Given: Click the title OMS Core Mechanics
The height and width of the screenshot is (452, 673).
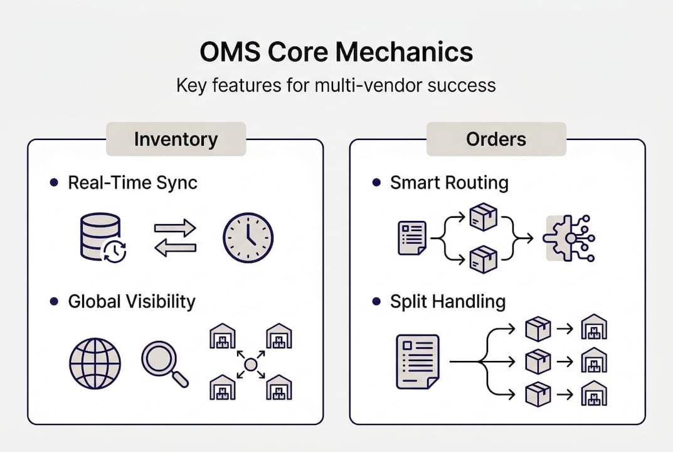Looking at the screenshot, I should click(x=336, y=53).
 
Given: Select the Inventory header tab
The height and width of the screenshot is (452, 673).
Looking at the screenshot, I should click(x=176, y=139).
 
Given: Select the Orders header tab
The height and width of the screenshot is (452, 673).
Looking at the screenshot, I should click(x=496, y=139).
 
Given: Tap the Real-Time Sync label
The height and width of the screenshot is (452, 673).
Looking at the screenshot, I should click(x=132, y=183).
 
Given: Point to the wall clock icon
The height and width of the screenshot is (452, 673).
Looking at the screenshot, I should click(x=248, y=237).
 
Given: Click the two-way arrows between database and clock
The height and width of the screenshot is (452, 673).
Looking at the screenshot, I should click(x=175, y=238).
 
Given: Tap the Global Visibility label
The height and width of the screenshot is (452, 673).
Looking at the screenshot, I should click(x=132, y=301).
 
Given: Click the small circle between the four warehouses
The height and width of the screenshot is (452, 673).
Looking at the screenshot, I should click(x=251, y=363).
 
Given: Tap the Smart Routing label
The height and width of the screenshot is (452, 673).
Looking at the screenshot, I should click(x=449, y=183).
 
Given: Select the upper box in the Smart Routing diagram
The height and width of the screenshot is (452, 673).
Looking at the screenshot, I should click(x=483, y=217).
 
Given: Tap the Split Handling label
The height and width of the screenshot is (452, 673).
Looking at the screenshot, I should click(x=448, y=301).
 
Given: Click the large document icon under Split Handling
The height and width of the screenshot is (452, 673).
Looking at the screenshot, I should click(x=417, y=362).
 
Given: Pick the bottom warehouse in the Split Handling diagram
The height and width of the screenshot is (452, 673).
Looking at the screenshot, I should click(x=593, y=394).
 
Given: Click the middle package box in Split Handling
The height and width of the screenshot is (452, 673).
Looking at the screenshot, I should click(x=538, y=362).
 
